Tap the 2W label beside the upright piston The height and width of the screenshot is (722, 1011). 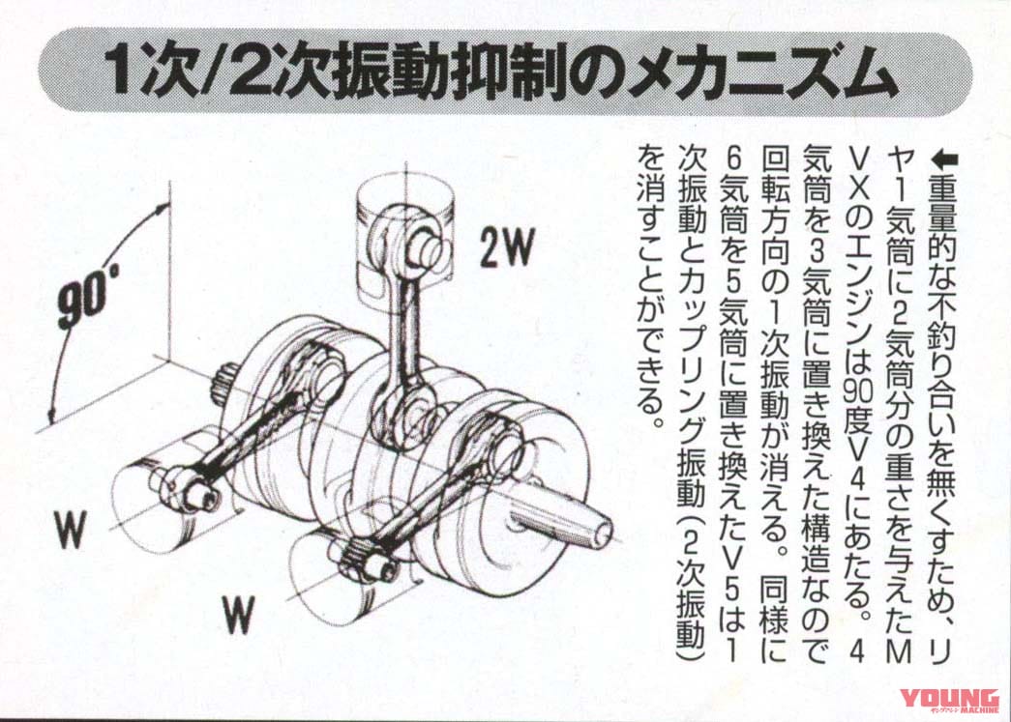(506, 249)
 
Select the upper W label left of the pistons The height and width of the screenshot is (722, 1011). (71, 530)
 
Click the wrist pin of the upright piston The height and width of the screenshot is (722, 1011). (428, 250)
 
